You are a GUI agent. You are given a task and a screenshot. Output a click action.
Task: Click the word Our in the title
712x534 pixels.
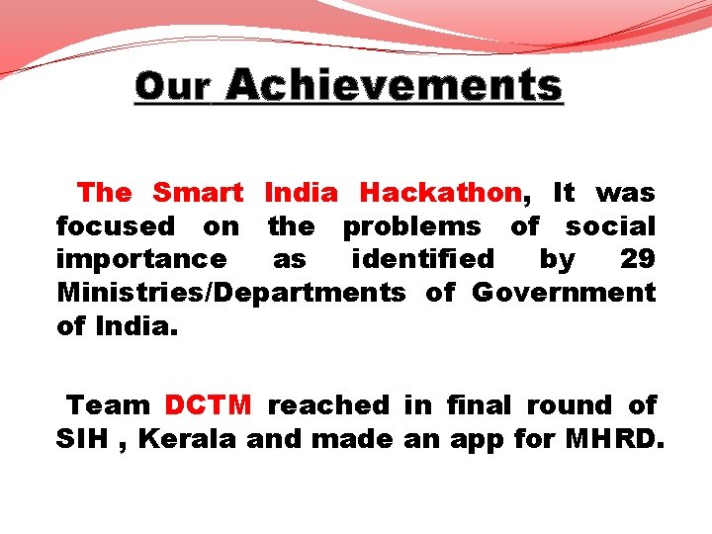[x=172, y=87]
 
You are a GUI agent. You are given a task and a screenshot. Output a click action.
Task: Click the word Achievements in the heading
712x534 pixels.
[x=394, y=86]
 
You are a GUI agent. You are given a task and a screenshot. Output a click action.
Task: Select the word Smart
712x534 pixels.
[x=198, y=192]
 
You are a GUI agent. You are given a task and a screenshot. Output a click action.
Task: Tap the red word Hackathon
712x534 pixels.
[x=440, y=192]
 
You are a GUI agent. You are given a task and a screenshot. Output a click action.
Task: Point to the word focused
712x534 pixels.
[x=115, y=225]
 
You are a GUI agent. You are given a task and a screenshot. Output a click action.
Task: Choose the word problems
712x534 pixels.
[x=411, y=226]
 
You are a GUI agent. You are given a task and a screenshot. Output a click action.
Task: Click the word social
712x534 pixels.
[x=610, y=225]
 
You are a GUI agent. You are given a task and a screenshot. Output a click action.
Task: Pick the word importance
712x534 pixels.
[x=141, y=259]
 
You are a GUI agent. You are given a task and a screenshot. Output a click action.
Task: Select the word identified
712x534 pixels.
[x=423, y=259]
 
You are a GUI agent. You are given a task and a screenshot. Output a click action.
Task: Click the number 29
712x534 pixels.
[x=637, y=259]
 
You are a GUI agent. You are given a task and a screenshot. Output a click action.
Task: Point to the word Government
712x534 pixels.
[x=564, y=293]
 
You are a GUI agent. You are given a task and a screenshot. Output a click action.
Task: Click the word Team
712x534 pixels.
[x=108, y=405]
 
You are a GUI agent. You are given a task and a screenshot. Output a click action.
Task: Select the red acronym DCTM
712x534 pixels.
[x=208, y=405]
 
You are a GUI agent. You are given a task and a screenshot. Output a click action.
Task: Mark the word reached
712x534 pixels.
[x=328, y=405]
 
